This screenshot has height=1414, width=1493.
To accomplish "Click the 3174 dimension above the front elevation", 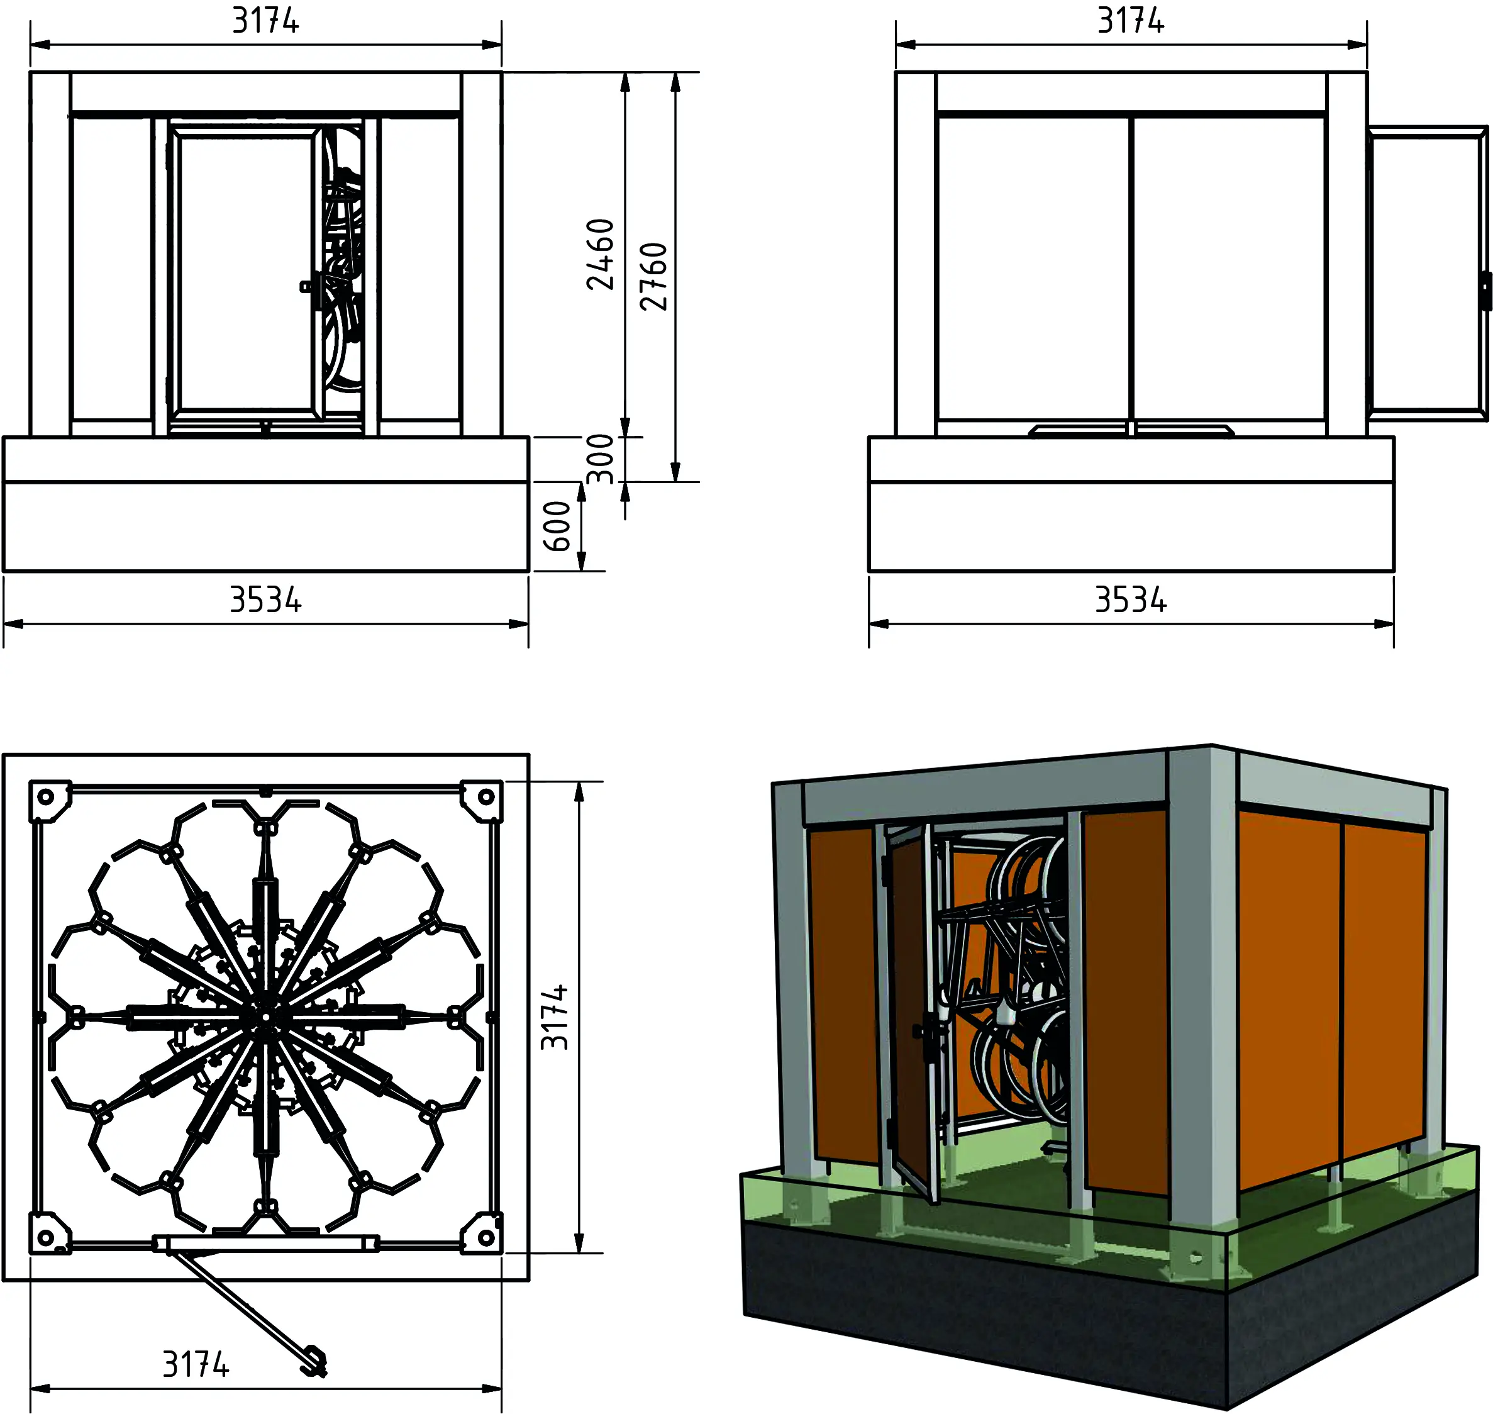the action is [x=265, y=21].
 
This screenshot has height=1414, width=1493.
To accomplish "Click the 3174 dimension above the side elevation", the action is [x=1131, y=21].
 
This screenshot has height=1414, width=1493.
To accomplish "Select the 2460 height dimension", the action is [x=601, y=254].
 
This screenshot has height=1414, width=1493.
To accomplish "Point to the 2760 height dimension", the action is [x=653, y=277].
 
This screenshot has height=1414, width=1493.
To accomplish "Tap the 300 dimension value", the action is [x=601, y=459].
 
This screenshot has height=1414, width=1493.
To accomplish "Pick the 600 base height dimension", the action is [x=558, y=526].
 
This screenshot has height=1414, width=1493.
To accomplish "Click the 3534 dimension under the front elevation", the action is [x=265, y=601].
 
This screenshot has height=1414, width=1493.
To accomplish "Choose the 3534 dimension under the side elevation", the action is [x=1131, y=601].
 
